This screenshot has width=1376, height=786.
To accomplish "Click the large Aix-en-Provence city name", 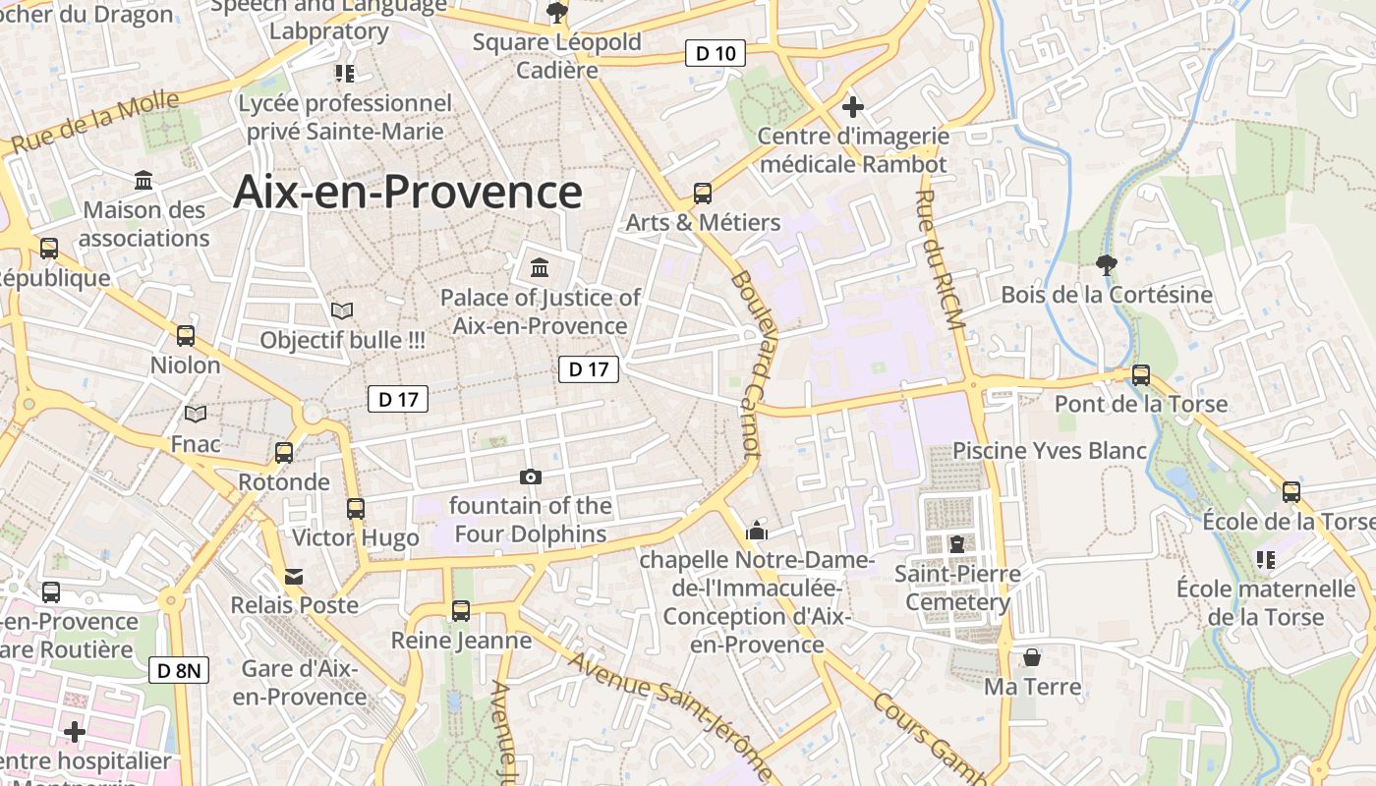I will tap(407, 192).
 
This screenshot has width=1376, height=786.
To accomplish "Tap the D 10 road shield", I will tap(715, 53).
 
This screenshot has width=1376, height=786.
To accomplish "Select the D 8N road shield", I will tap(179, 671).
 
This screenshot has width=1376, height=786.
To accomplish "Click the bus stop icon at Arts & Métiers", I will tap(703, 193).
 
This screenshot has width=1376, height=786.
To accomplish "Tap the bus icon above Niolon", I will tap(186, 336).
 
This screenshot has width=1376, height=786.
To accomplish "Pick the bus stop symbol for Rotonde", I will tap(284, 453).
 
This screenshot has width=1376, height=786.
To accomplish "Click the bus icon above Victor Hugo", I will tap(356, 509).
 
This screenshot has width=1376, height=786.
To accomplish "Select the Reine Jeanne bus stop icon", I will tap(461, 611).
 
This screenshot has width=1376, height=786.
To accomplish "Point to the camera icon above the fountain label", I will tap(531, 477).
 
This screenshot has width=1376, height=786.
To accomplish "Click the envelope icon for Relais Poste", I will tap(294, 576).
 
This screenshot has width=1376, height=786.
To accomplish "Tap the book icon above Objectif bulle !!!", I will tap(342, 310).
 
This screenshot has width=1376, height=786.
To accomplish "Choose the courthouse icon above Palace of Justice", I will tap(540, 267).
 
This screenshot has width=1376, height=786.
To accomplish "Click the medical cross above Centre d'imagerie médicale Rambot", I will tap(853, 106).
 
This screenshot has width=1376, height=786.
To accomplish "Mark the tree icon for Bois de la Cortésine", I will tap(1107, 264).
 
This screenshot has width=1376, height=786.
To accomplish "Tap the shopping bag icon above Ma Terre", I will tap(1032, 656).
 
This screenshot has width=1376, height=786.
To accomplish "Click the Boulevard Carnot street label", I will tap(747, 364).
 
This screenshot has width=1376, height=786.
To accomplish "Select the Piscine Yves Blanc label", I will tap(1050, 451).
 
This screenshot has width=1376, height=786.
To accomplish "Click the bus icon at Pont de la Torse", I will tap(1141, 374).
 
